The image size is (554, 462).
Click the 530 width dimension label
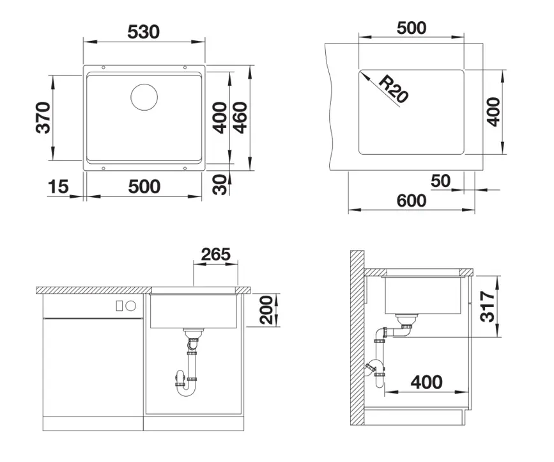tap(144, 30)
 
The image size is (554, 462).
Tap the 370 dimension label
tap(43, 118)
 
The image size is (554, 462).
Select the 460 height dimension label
tap(240, 118)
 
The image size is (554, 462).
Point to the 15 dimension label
tap(58, 187)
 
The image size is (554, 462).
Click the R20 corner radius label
tap(392, 89)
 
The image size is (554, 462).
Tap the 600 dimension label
tap(410, 200)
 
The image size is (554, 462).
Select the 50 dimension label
tap(440, 181)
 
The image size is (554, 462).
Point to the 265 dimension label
tap(215, 254)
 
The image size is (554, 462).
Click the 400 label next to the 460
tap(220, 118)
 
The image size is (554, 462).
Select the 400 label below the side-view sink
tap(426, 382)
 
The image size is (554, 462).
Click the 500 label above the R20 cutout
tap(411, 28)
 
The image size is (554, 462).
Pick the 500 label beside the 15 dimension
tap(144, 187)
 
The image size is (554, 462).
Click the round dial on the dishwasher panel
tap(131, 305)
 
